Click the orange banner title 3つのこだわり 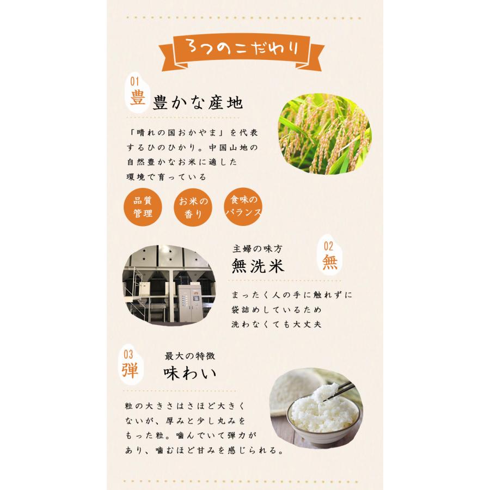244,50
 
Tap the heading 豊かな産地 197,103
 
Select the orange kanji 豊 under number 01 137,99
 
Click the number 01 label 135,82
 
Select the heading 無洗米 258,266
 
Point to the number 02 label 328,246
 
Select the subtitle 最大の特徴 190,356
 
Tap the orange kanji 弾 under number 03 130,370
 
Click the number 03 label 127,354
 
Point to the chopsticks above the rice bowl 342,391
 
